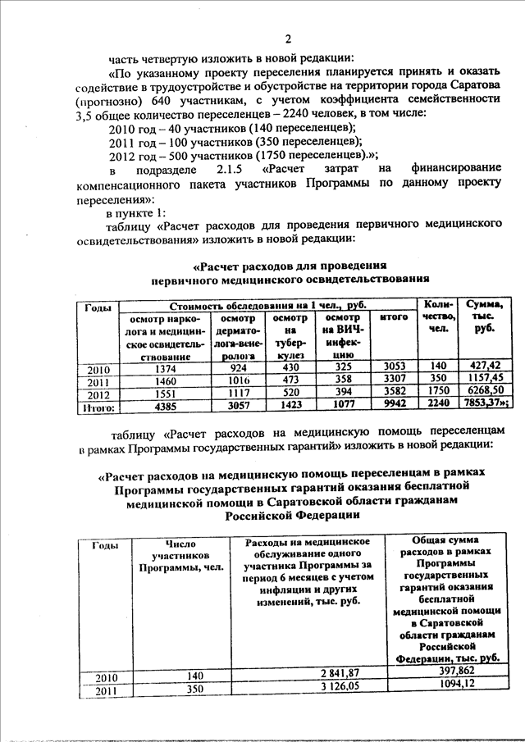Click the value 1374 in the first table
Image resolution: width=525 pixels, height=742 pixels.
point(163,368)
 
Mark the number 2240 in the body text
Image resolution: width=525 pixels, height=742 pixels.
point(284,114)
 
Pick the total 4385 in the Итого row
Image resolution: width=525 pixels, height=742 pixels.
point(163,404)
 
